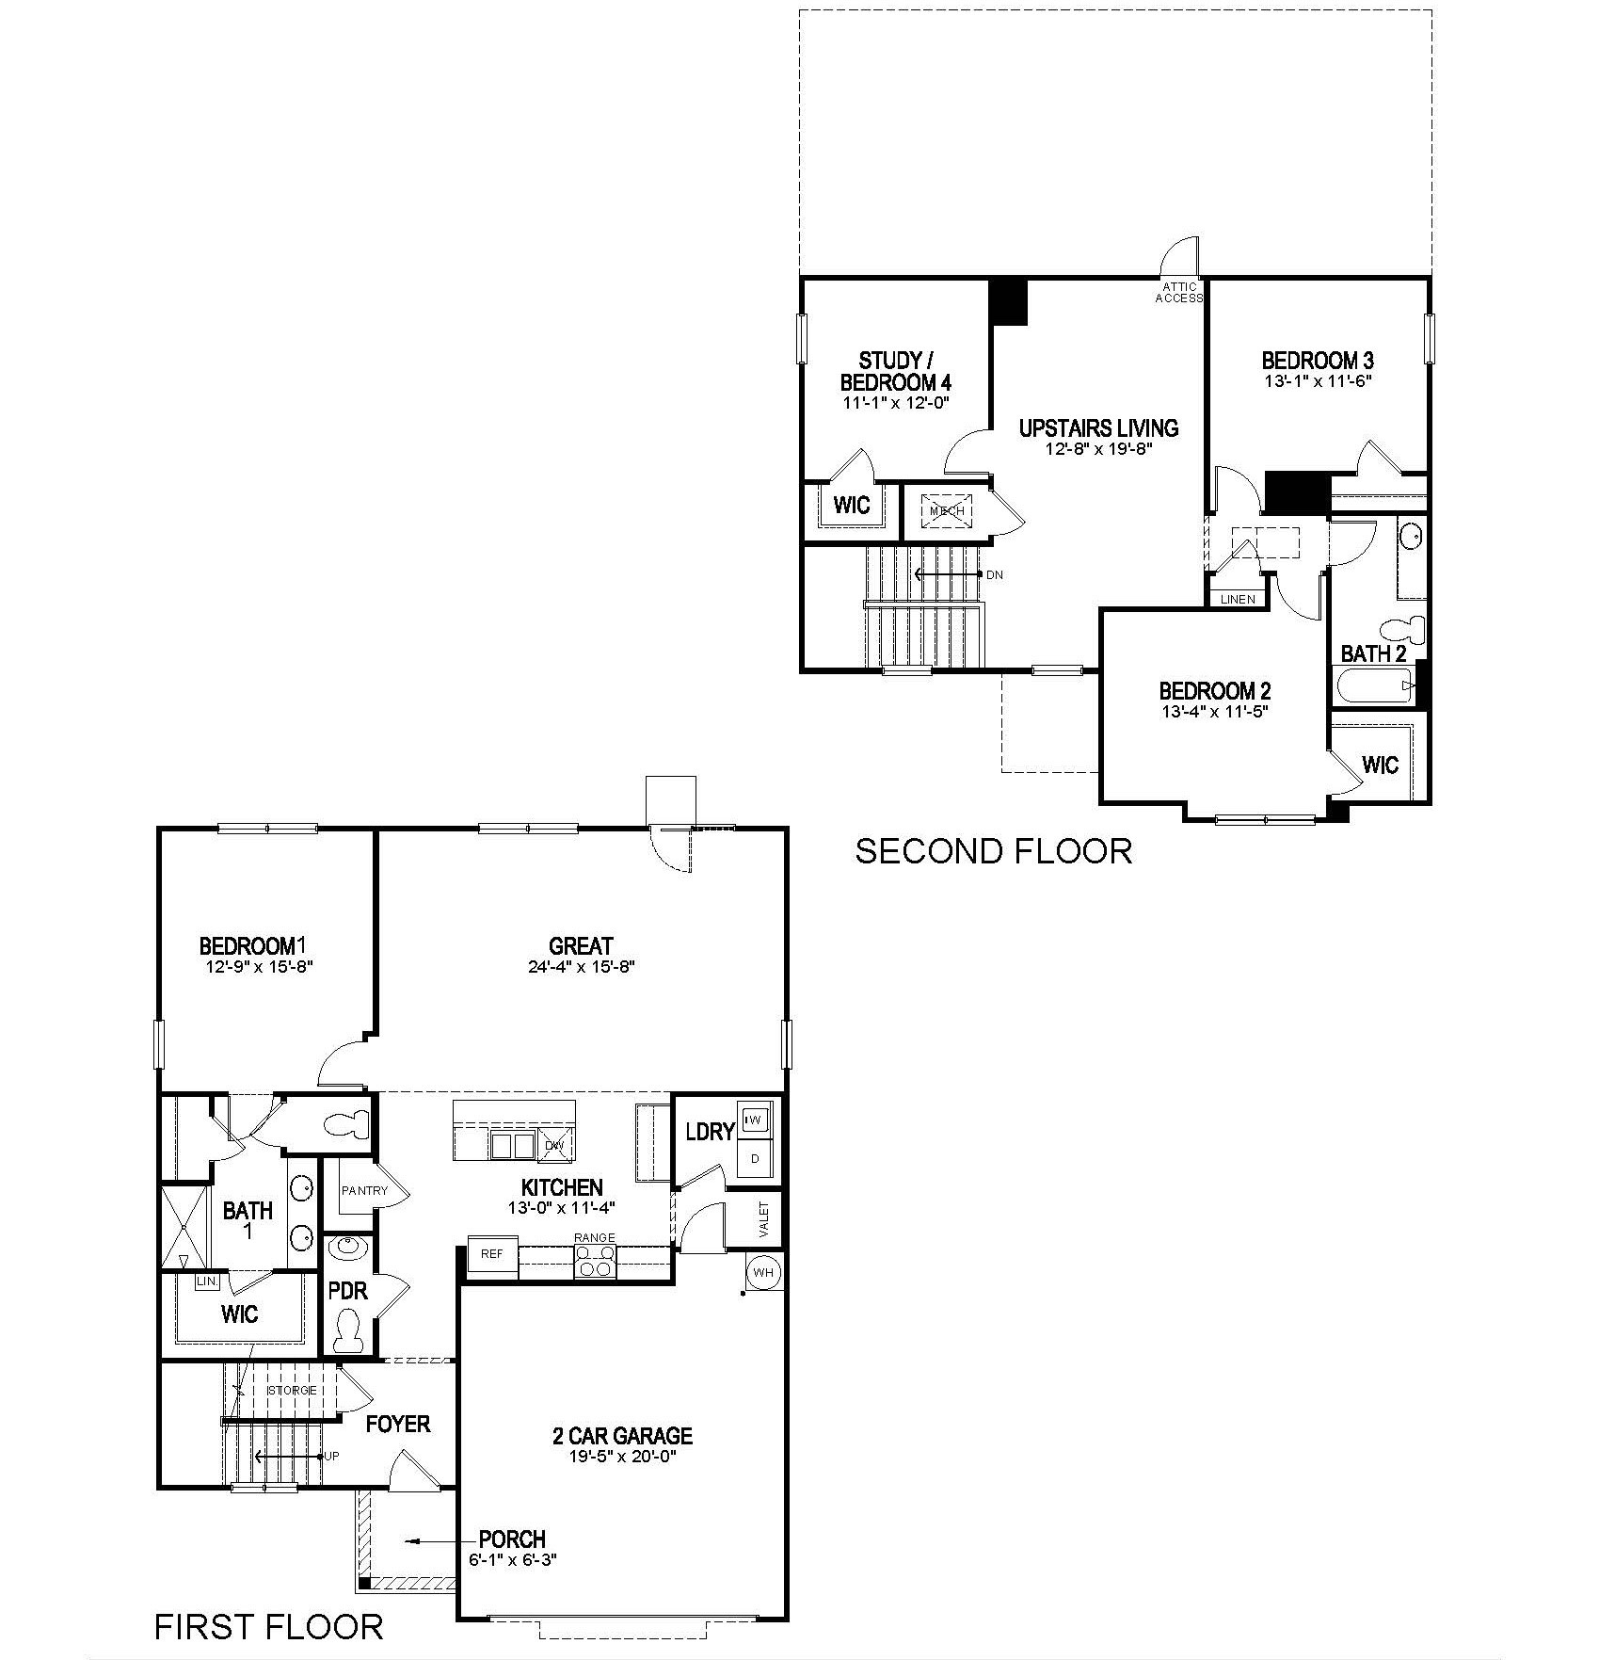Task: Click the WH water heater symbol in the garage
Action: [763, 1273]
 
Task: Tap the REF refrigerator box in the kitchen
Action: [492, 1255]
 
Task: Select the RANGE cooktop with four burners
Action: [596, 1260]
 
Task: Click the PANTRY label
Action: [364, 1191]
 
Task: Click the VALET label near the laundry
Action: [764, 1220]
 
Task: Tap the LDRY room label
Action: [709, 1132]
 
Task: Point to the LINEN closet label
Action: [1238, 599]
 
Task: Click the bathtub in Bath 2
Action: [1373, 686]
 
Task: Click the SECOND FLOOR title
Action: [993, 851]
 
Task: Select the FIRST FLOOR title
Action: [269, 1626]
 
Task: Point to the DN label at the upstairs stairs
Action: [995, 574]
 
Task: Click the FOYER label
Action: [398, 1424]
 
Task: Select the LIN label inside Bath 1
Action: [206, 1281]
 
